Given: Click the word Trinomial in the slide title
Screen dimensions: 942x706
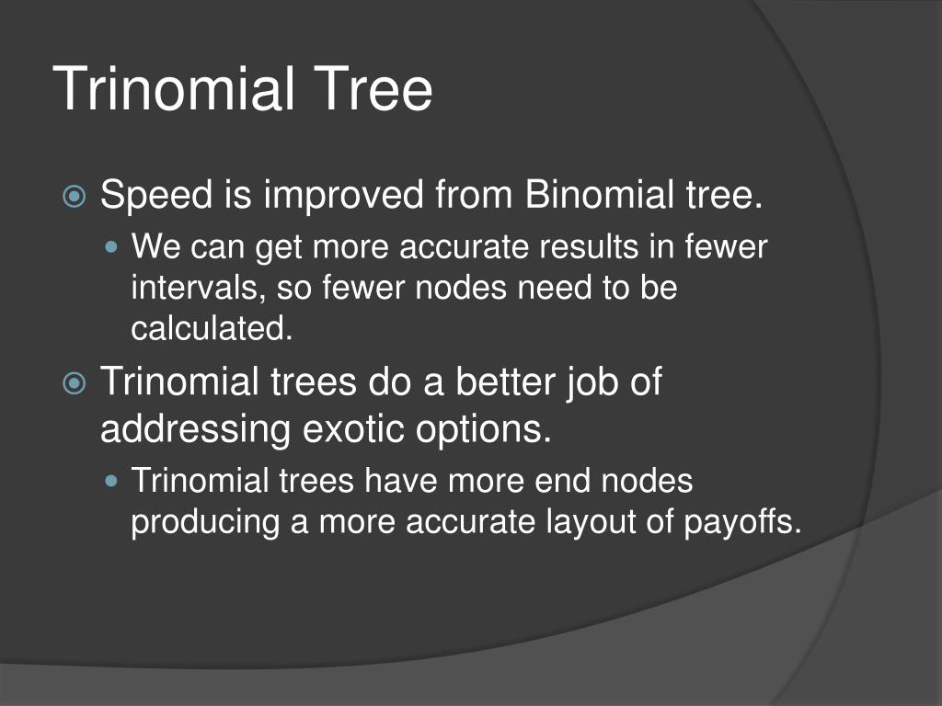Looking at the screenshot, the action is pyautogui.click(x=174, y=89).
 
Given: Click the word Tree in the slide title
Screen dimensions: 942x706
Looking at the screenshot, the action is pyautogui.click(x=373, y=89).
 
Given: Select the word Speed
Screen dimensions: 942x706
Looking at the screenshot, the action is pyautogui.click(x=156, y=196).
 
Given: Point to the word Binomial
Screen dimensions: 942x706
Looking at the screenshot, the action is pyautogui.click(x=598, y=195).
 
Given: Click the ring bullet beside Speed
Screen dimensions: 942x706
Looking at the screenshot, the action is pyautogui.click(x=75, y=196).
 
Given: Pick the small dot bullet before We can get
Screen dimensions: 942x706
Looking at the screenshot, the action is pyautogui.click(x=111, y=246).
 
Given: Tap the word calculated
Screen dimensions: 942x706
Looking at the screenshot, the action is pyautogui.click(x=213, y=328).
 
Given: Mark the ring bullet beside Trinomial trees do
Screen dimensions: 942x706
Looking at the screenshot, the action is pyautogui.click(x=75, y=382).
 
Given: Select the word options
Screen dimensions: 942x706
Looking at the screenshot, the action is pyautogui.click(x=484, y=430).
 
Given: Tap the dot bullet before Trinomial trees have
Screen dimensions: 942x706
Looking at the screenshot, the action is pyautogui.click(x=111, y=480).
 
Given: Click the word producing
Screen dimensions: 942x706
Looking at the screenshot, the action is pyautogui.click(x=205, y=522).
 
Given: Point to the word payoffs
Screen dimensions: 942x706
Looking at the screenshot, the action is pyautogui.click(x=743, y=521).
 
